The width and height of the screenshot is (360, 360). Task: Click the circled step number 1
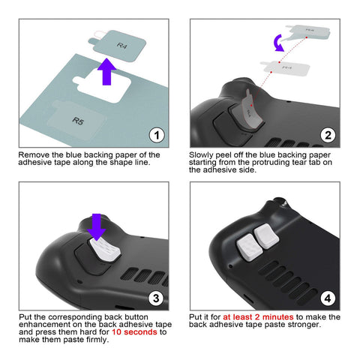[157, 135]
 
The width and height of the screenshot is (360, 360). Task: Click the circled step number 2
[328, 135]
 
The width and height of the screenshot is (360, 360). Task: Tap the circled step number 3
[156, 298]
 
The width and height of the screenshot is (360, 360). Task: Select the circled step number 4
[328, 298]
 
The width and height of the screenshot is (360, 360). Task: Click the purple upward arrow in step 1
[106, 72]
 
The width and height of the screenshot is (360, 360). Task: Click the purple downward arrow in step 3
[97, 226]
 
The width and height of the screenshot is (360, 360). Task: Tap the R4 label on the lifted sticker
[121, 46]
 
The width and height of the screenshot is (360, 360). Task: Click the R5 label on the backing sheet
[78, 121]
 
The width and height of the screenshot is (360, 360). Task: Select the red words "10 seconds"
[134, 332]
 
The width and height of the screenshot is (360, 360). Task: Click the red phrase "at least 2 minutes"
[258, 317]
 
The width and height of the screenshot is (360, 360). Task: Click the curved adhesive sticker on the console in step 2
[250, 111]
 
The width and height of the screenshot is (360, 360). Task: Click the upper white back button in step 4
[266, 236]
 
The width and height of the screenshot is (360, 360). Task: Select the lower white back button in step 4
[250, 247]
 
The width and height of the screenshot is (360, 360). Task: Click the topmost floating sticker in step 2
[309, 32]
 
